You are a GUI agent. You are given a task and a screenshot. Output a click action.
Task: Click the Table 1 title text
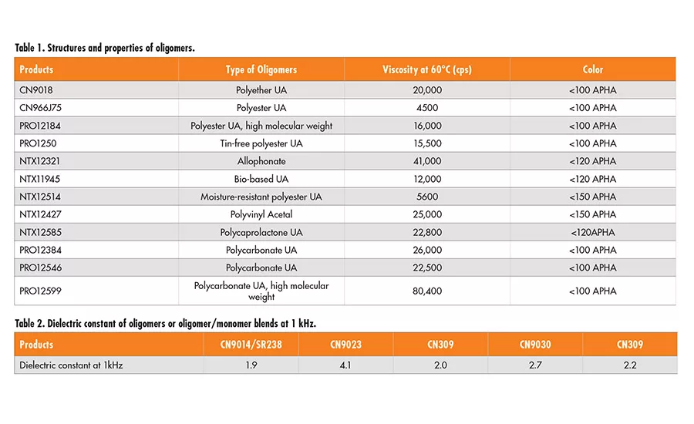105,48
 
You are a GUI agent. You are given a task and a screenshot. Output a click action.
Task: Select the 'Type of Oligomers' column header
261,69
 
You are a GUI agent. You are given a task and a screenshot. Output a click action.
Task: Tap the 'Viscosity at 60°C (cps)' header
426,69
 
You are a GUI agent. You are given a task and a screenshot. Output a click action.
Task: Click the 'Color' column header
593,69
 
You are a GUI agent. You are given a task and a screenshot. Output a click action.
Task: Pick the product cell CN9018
37,90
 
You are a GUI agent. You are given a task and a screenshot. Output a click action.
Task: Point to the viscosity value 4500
426,108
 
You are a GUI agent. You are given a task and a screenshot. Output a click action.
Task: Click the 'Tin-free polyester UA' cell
261,143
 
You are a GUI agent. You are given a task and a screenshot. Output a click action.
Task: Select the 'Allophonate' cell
261,161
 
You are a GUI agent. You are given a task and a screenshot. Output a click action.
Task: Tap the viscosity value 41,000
426,161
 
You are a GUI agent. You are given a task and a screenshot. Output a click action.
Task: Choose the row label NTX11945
40,179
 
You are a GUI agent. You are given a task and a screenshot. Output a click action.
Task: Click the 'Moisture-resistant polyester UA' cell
261,197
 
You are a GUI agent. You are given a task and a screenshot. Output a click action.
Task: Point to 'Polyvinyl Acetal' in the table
261,214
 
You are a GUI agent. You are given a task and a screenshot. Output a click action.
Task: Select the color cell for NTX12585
593,232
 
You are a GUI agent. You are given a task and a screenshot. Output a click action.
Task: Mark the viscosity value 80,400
426,291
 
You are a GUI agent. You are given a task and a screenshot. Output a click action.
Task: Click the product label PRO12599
41,291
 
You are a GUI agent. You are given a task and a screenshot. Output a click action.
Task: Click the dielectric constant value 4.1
345,365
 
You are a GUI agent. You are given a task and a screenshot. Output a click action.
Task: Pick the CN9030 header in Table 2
535,345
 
